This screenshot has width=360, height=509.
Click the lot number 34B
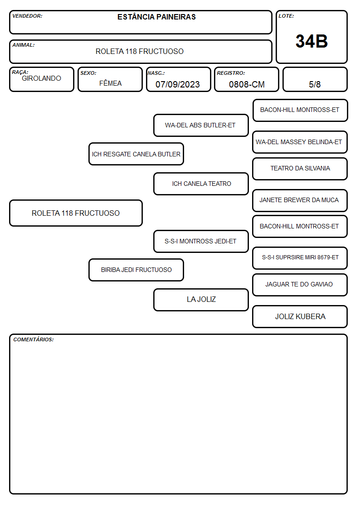tap(311, 41)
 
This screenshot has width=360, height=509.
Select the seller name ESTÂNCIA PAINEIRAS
tap(156, 17)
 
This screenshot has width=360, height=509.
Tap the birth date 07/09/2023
tap(178, 84)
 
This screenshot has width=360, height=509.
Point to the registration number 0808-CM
tap(247, 84)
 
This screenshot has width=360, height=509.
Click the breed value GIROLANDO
tap(41, 78)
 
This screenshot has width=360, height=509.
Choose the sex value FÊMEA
tap(110, 83)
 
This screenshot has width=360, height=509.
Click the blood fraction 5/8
tap(315, 84)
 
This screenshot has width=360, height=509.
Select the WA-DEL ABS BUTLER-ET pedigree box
tap(201, 125)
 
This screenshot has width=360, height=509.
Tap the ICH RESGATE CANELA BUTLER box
tap(136, 154)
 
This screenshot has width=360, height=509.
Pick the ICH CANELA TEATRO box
tap(201, 184)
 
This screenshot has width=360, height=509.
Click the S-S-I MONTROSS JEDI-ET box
tap(201, 241)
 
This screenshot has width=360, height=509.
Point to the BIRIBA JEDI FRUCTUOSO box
tap(136, 270)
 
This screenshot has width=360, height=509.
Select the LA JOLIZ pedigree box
tap(201, 300)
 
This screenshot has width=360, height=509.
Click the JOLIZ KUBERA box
tap(300, 316)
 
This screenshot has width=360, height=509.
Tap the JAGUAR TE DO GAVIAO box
tap(300, 285)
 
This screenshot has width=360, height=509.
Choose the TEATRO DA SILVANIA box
tap(300, 169)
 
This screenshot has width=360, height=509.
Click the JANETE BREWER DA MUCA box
tap(300, 200)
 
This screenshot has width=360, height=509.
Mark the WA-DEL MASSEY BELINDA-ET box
tap(300, 142)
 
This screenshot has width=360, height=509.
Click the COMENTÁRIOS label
tap(34, 339)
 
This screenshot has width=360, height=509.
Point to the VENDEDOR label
tap(27, 16)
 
